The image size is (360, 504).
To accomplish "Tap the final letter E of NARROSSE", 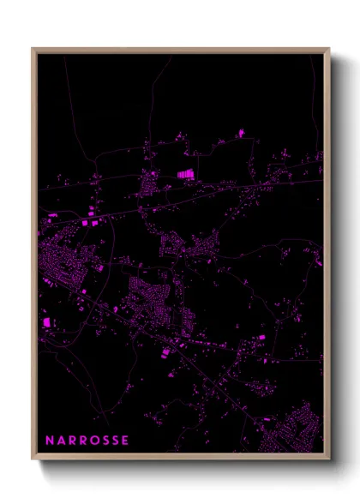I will [x=127, y=441].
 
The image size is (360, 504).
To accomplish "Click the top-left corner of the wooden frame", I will [x=33, y=49].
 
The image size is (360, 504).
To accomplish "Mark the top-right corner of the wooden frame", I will [x=329, y=49].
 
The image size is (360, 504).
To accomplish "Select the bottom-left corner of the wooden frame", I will [x=33, y=459].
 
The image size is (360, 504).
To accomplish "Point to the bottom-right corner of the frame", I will [x=329, y=459].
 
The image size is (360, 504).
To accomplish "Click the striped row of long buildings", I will [x=186, y=174].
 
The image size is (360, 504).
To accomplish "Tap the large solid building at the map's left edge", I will [x=46, y=322].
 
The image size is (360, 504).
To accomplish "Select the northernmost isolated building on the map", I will [x=242, y=133].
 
